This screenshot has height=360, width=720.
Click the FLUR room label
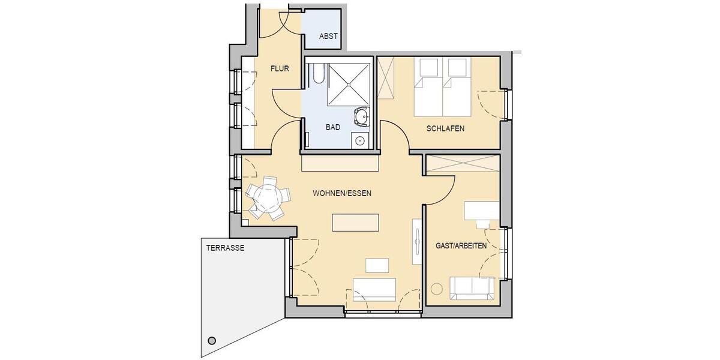pyautogui.click(x=280, y=69)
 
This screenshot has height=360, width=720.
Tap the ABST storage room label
pyautogui.click(x=328, y=37)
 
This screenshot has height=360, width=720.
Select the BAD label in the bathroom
pyautogui.click(x=333, y=128)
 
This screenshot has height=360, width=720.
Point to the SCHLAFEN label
pyautogui.click(x=445, y=129)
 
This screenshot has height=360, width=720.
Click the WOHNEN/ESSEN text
pyautogui.click(x=342, y=194)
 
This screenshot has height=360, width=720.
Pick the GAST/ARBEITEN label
pyautogui.click(x=461, y=246)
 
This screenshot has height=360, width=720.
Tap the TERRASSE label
pyautogui.click(x=225, y=247)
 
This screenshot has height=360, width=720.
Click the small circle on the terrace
pyautogui.click(x=211, y=341)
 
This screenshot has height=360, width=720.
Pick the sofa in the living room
pyautogui.click(x=374, y=289)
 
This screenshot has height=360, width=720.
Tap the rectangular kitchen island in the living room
pyautogui.click(x=356, y=222)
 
